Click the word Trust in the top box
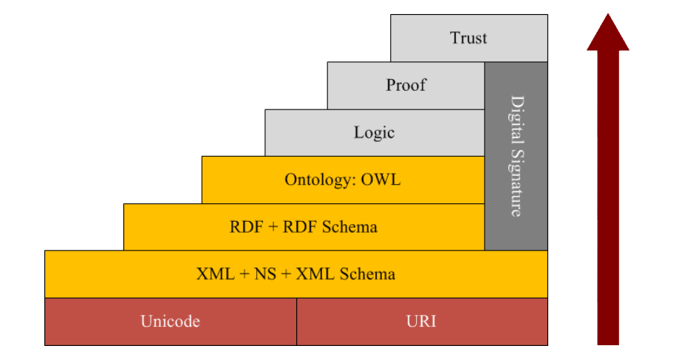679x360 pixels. [468, 38]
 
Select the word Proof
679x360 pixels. [406, 85]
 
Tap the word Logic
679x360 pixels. [374, 132]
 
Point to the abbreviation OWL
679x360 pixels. [381, 180]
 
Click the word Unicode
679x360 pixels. [170, 322]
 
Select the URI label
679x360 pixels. [421, 322]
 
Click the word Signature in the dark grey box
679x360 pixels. [516, 183]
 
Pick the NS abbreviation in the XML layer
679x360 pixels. [265, 274]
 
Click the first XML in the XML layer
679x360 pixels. [216, 274]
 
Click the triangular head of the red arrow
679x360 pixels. [608, 32]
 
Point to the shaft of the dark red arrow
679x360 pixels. [608, 198]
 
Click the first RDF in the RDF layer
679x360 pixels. [246, 227]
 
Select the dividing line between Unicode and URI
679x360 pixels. [296, 322]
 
